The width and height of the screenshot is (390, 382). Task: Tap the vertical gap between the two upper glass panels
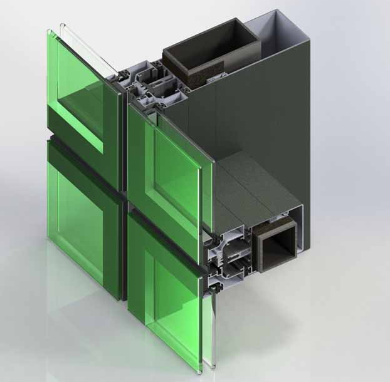(123, 125)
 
